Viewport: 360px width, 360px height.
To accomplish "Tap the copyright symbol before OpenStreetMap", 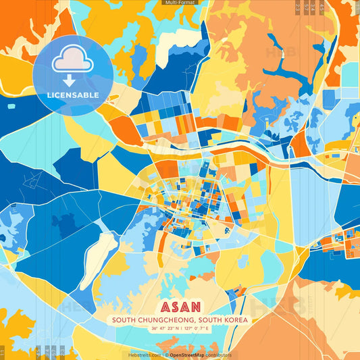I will pos(166,355).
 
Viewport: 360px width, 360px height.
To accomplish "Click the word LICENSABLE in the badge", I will pos(72,95).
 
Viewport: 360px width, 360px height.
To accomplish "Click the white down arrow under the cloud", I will pos(70,80).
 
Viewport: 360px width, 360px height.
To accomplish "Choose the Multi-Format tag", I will pos(180,3).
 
